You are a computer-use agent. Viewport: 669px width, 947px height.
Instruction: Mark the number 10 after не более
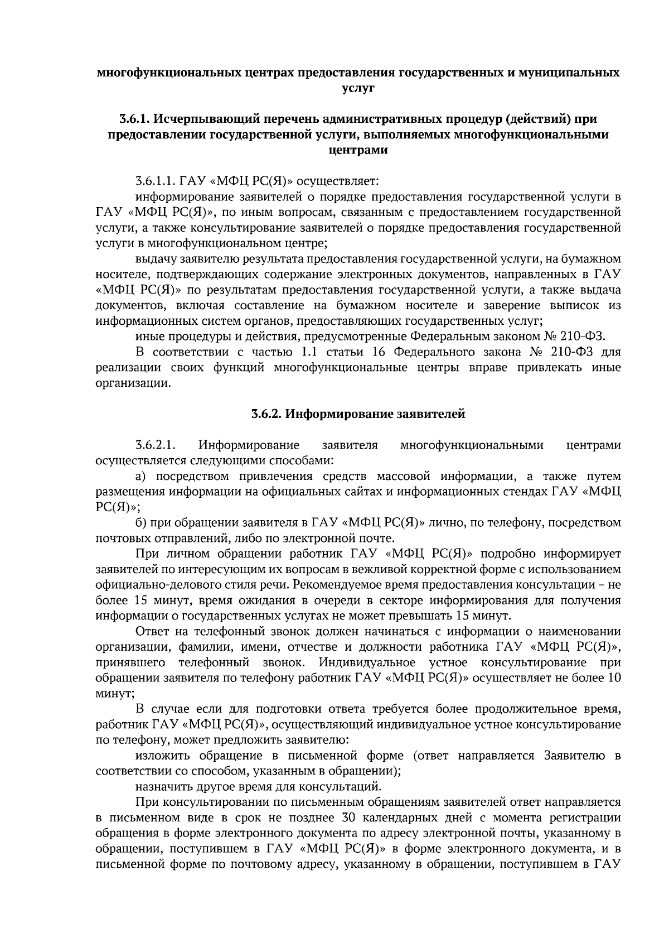coord(614,678)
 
